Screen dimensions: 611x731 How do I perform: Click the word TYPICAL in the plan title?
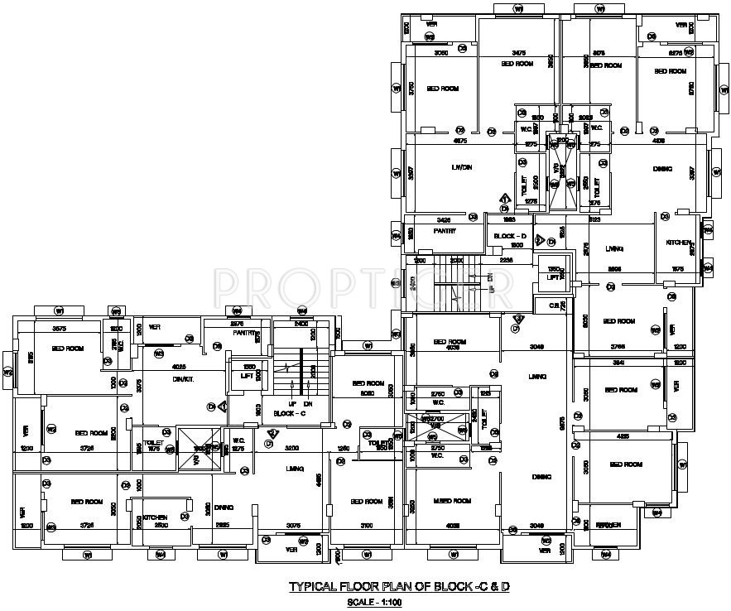pyautogui.click(x=312, y=586)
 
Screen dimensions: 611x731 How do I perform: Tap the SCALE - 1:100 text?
pyautogui.click(x=374, y=602)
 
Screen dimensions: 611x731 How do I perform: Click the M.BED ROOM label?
pyautogui.click(x=453, y=501)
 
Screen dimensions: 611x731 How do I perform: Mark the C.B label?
pyautogui.click(x=555, y=305)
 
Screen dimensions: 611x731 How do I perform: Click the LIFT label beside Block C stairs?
pyautogui.click(x=246, y=375)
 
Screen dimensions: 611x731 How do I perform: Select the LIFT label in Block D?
pyautogui.click(x=553, y=279)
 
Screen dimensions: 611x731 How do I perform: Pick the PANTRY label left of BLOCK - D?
pyautogui.click(x=445, y=231)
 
